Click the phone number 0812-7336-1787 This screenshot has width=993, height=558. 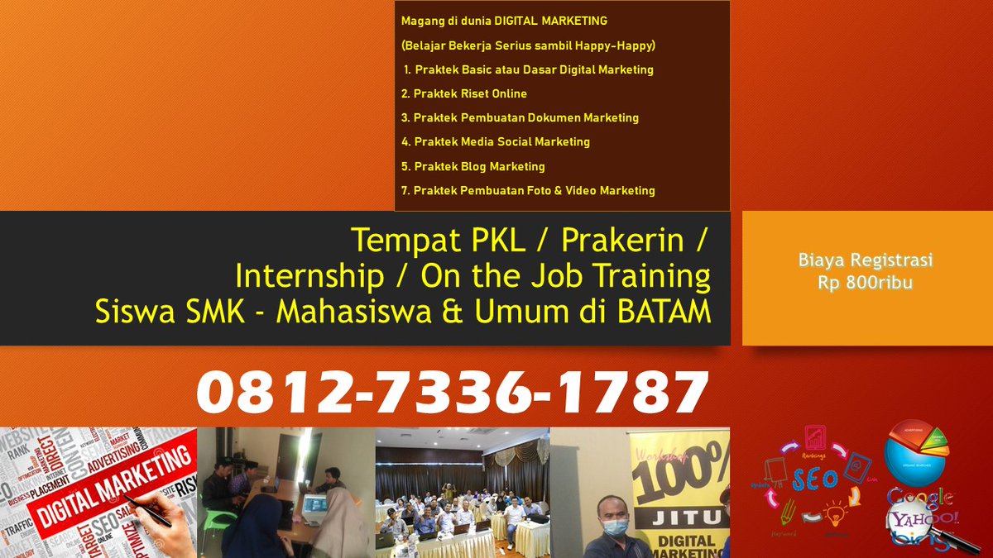(452, 392)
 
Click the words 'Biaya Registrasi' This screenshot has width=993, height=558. (866, 260)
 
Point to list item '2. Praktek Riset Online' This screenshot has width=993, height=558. (464, 93)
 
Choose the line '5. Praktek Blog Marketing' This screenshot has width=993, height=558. (473, 166)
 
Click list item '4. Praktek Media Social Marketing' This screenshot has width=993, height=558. (496, 141)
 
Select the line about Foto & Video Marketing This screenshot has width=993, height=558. (528, 190)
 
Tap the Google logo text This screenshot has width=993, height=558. (919, 498)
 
